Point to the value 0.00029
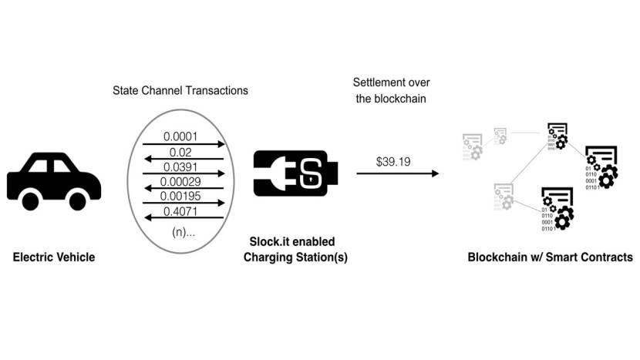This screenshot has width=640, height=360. tap(183, 181)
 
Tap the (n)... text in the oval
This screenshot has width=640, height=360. tap(183, 230)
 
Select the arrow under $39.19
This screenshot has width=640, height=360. tap(397, 175)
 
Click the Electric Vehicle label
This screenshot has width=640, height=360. tap(54, 257)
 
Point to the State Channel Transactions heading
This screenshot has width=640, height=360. tap(180, 91)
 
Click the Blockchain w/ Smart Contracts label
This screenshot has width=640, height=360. tap(550, 257)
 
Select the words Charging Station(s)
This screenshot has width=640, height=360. tap(295, 257)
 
